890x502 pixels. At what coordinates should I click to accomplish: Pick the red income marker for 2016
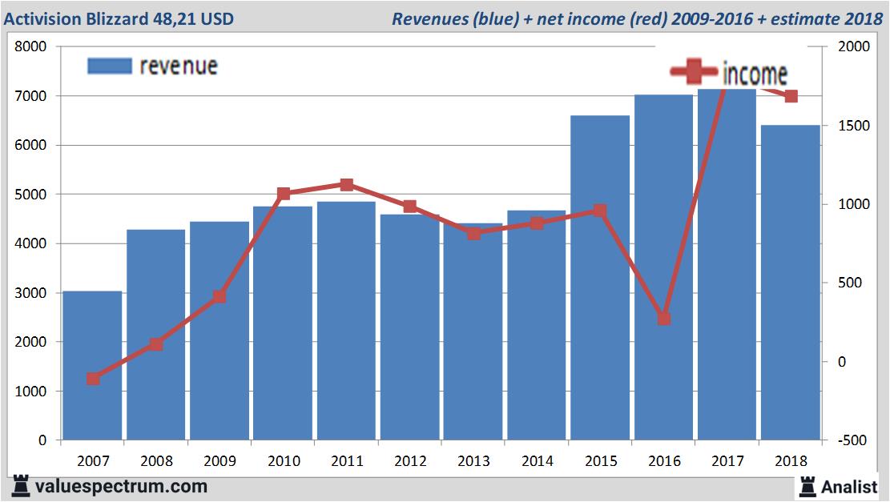pos(663,319)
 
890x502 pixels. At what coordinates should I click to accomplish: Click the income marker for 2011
pos(346,185)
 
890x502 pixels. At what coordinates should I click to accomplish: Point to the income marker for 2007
pos(93,379)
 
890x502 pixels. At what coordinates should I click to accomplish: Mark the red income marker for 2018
pos(791,97)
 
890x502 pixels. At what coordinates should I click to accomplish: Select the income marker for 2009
pos(219,297)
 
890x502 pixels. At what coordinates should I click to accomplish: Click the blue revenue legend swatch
pos(109,66)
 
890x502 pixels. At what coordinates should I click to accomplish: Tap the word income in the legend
pos(755,74)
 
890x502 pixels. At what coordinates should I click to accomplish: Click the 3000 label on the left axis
pos(32,293)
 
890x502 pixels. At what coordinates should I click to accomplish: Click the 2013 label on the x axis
pos(473,461)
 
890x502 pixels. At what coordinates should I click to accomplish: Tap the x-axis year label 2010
pos(283,461)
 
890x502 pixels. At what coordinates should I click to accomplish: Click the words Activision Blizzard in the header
pos(76,18)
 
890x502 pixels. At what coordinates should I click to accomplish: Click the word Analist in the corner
pos(851,486)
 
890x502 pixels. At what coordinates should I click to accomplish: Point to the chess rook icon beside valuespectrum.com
pos(22,485)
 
